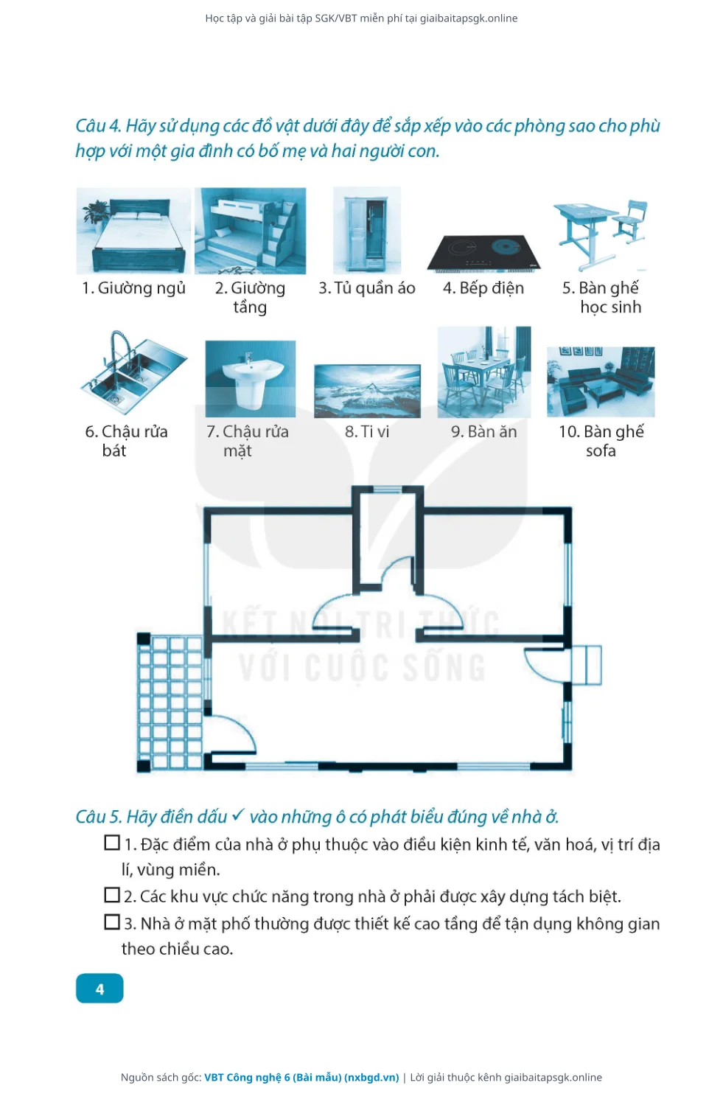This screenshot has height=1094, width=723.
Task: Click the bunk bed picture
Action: pos(251,231)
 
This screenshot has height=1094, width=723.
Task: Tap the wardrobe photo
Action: pos(366,231)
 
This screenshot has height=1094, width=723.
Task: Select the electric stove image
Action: pos(483,253)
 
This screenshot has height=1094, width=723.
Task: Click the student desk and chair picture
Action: pos(601,234)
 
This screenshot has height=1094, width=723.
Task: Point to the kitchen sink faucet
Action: pos(118,349)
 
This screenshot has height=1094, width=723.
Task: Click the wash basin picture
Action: pos(251,378)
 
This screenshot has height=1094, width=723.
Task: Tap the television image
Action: pos(367,391)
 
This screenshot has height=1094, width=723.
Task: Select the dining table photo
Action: pos(483,372)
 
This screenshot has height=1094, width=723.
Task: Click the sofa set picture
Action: pos(601,381)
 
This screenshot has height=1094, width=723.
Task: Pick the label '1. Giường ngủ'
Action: pos(133,288)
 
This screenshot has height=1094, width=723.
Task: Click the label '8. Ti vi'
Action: pos(367,432)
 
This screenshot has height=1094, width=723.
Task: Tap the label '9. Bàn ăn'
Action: pos(483,432)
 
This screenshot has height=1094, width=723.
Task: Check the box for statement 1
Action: pos(112,843)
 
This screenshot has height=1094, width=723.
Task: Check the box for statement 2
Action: pos(112,895)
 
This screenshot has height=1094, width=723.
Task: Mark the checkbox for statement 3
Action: pos(112,922)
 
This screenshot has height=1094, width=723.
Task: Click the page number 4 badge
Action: pos(99,989)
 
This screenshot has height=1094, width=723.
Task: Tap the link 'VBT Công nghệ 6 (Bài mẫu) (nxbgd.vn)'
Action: pos(301,1077)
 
